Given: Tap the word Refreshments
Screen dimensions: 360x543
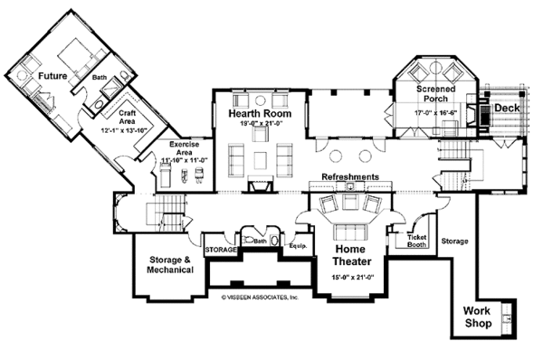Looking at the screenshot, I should (x=348, y=177).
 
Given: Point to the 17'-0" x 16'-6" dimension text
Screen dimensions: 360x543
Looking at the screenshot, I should (x=441, y=114).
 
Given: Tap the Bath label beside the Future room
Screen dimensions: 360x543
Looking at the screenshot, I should (x=100, y=80).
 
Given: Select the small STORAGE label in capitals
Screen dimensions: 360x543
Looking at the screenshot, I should (x=220, y=248).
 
